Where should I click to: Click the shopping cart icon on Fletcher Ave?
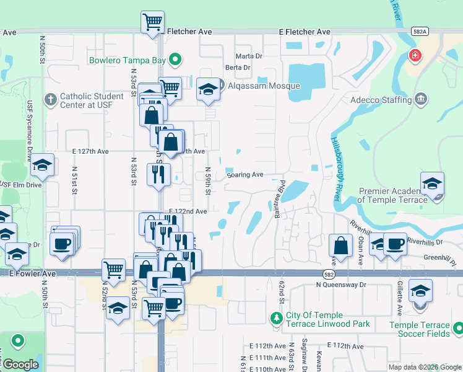[152, 23]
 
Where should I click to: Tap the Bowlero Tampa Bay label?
[129, 60]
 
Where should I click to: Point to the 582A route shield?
[419, 31]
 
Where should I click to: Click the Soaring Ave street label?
[245, 175]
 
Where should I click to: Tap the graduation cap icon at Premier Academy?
[432, 184]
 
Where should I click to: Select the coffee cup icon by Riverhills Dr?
[394, 244]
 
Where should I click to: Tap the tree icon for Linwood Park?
[277, 318]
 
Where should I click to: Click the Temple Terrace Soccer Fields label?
[419, 329]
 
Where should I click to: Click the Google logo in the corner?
[20, 365]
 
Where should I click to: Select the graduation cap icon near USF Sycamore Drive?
[42, 165]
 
